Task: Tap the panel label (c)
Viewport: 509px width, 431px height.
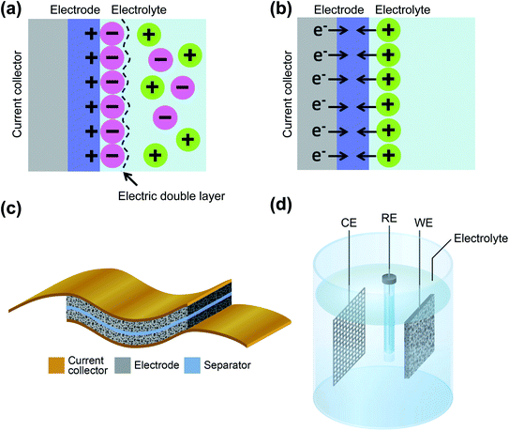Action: [x=20, y=208]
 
